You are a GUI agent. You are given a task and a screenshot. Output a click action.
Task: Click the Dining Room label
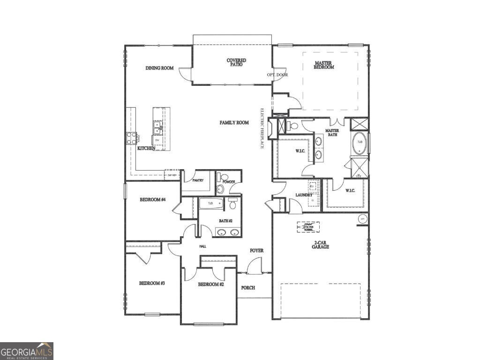(x=159, y=68)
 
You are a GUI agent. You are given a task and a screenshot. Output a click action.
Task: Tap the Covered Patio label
(x=236, y=62)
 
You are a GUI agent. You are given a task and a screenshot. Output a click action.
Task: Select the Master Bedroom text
(x=324, y=65)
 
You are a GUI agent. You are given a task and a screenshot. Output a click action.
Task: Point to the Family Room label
(x=234, y=123)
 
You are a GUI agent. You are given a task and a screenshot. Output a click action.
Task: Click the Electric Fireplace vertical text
(x=263, y=129)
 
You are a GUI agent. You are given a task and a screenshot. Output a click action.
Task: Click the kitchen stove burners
(x=131, y=138)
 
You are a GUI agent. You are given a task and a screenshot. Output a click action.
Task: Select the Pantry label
(x=197, y=180)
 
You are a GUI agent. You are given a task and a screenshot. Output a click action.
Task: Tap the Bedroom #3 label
(x=151, y=284)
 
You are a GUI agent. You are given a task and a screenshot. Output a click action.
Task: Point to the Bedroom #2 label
(x=211, y=285)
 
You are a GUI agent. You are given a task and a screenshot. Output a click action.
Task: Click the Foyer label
(x=256, y=251)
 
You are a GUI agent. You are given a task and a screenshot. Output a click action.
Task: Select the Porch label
(x=248, y=288)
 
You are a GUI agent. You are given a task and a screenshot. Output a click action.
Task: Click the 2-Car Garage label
(x=320, y=245)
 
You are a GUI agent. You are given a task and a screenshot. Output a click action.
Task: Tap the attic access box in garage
(x=308, y=227)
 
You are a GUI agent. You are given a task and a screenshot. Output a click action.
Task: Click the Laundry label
(x=304, y=195)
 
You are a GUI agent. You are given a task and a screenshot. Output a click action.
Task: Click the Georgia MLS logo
(x=27, y=351)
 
